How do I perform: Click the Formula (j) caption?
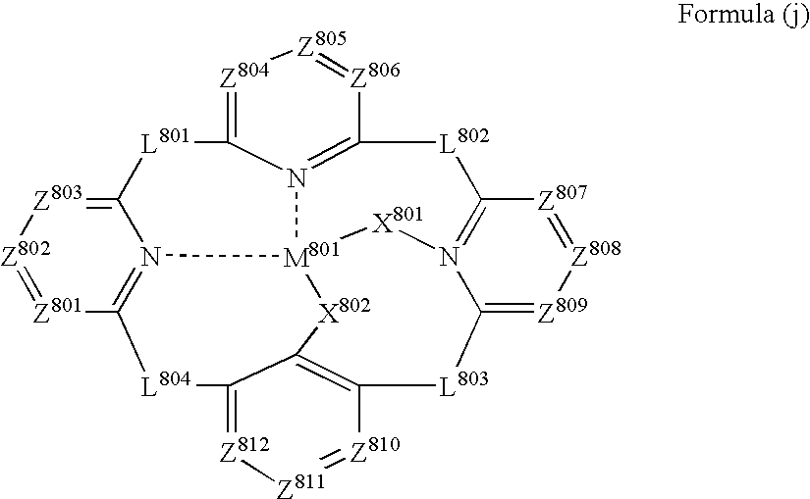point(743,14)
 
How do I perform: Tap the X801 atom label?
point(398,220)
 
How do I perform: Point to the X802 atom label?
point(344,310)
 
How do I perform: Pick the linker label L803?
point(463,383)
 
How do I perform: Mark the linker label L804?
point(165,383)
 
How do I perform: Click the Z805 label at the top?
point(321,44)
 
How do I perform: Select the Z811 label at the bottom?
point(301,485)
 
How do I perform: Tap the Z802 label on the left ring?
point(26,253)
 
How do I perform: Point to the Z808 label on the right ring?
point(596,253)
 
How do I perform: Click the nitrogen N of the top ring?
point(297,178)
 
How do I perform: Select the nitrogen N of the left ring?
point(150,257)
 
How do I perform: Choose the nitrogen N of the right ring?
point(449,257)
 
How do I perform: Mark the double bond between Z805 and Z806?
point(332,65)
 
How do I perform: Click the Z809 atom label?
point(563,310)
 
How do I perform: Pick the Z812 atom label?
point(244,449)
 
